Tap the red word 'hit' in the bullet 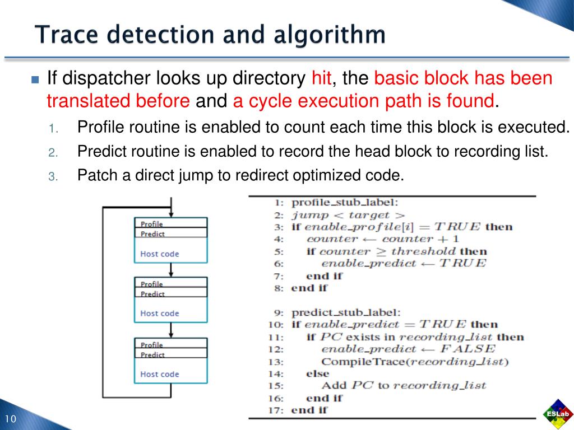321,78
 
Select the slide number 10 11,420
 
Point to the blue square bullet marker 35,79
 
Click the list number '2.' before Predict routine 53,152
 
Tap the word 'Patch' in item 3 96,175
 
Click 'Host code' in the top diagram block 159,254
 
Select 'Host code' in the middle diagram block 159,314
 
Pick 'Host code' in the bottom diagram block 159,374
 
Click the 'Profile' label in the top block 152,224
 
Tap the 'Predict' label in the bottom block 152,355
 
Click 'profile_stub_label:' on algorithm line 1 345,203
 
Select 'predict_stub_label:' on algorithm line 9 346,312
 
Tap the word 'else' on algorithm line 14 317,373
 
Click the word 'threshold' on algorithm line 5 424,251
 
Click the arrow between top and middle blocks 170,270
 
